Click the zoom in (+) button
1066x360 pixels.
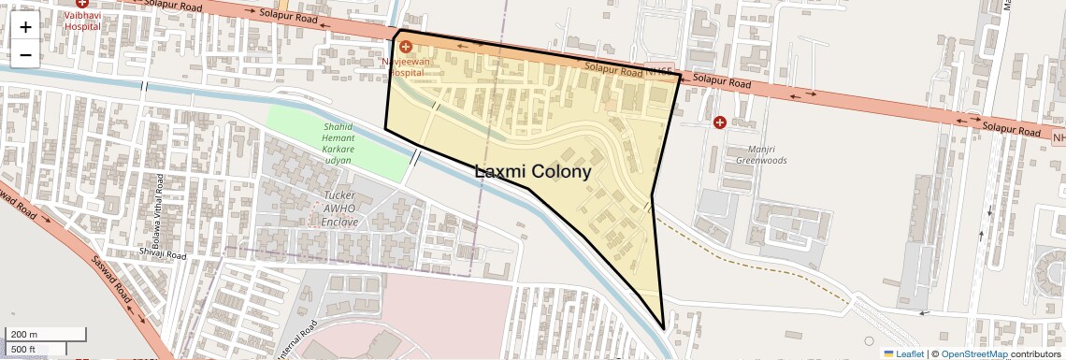(25, 26)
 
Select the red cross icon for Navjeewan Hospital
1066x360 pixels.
(405, 46)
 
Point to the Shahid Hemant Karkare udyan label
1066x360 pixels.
(338, 143)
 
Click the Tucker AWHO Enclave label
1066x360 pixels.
(339, 209)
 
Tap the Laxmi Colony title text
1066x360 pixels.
(533, 172)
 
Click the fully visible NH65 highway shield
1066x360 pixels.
(661, 70)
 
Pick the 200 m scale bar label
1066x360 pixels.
(24, 334)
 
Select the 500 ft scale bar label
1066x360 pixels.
(23, 350)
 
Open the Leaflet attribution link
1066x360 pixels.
(903, 353)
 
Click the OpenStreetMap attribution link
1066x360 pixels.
(973, 353)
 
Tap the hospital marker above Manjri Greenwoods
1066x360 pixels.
(719, 122)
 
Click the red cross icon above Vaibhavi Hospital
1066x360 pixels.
(82, 3)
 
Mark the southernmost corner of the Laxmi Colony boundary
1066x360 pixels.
(664, 329)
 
